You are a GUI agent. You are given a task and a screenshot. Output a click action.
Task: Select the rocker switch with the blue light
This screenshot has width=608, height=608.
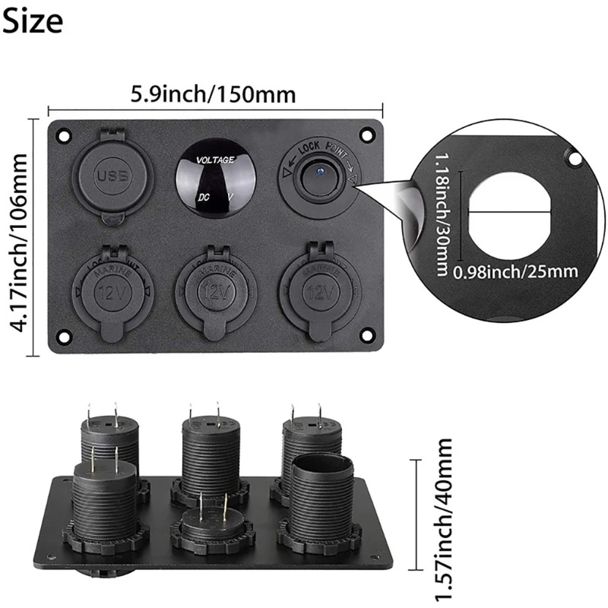coord(319,178)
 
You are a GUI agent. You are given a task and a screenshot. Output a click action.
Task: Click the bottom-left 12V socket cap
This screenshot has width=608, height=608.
coord(112,290)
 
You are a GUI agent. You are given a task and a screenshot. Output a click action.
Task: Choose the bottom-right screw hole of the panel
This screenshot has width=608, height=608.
coord(369,335)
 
